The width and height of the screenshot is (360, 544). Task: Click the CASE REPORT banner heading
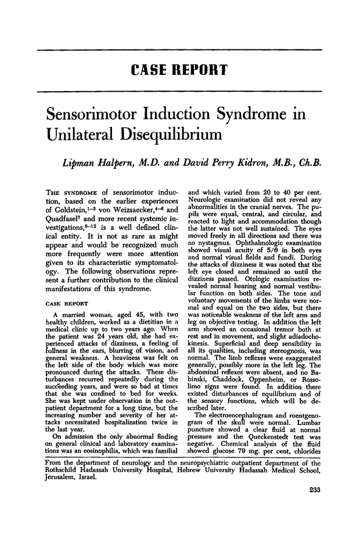(179, 71)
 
